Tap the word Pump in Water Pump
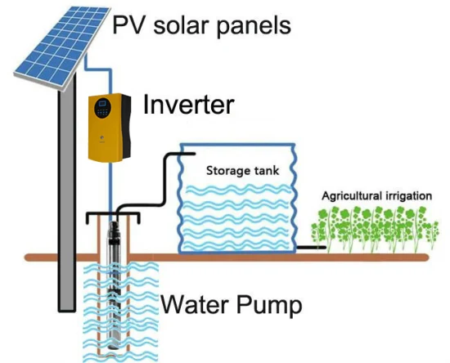pyautogui.click(x=269, y=306)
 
